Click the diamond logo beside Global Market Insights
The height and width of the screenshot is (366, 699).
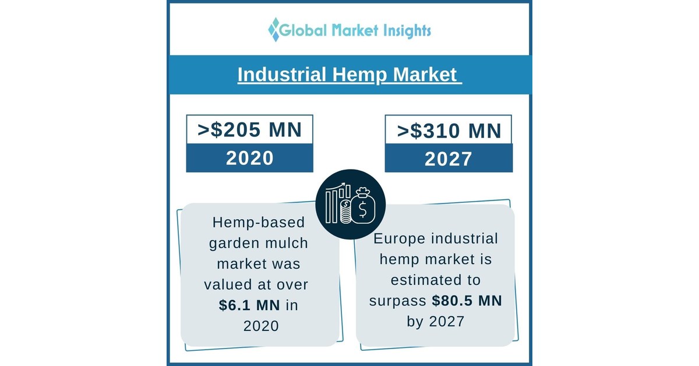point(274,29)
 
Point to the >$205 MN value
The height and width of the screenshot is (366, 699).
point(249,130)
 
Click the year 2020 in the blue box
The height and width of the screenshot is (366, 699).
point(249,158)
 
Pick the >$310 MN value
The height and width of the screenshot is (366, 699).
point(449,131)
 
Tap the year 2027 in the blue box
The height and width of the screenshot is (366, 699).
point(449,159)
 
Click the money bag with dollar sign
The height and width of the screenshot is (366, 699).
point(363,205)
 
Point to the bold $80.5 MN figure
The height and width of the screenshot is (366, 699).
point(467,301)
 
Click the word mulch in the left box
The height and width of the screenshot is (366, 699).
point(287,243)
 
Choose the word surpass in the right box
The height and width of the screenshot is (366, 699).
point(398,301)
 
